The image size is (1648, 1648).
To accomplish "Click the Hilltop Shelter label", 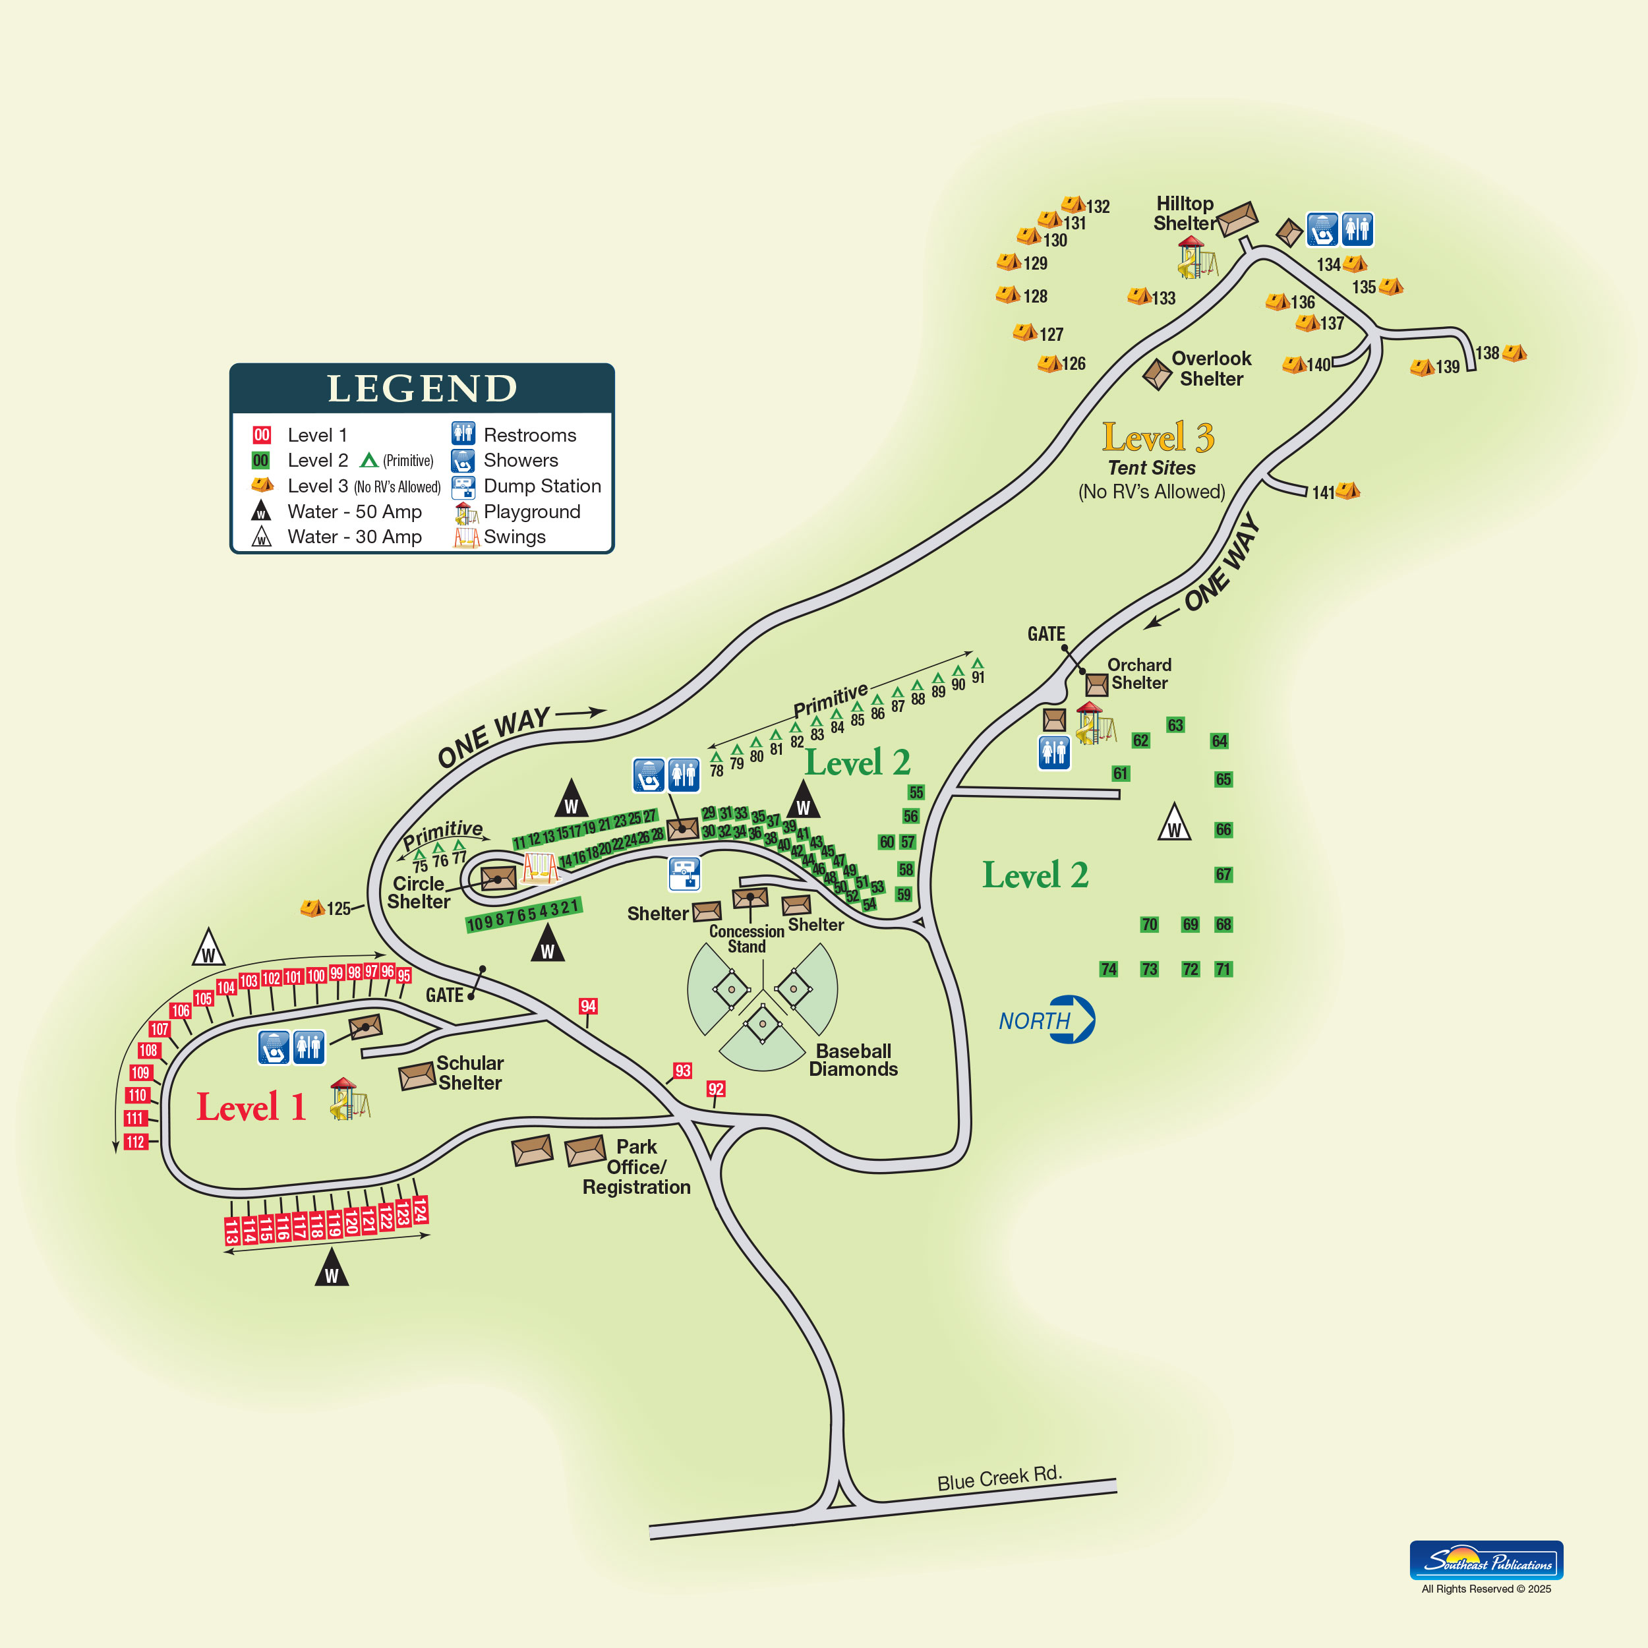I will point(1184,213).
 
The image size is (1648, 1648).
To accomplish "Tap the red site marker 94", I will point(588,1007).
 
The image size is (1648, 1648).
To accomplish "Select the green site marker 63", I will point(1175,725).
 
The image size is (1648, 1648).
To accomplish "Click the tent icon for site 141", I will point(1348,490).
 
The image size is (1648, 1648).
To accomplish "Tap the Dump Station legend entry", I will point(526,487).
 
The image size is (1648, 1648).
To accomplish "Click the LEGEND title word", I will point(423,389).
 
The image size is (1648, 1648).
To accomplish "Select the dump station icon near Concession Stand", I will point(684,873).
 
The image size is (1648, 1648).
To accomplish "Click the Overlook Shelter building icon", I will point(1158,374).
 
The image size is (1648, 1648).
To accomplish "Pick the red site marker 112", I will point(136,1142).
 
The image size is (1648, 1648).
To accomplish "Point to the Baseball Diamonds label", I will point(853,1060).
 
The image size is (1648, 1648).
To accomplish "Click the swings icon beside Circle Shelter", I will point(541,868).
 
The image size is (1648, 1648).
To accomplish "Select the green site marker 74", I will point(1108,969).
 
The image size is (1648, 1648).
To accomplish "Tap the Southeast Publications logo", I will point(1486,1560).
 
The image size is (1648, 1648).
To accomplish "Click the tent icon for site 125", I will point(312,908).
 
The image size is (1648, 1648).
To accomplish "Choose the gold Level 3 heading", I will point(1158,438).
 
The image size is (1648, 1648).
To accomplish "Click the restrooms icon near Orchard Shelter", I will point(1054,752).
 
